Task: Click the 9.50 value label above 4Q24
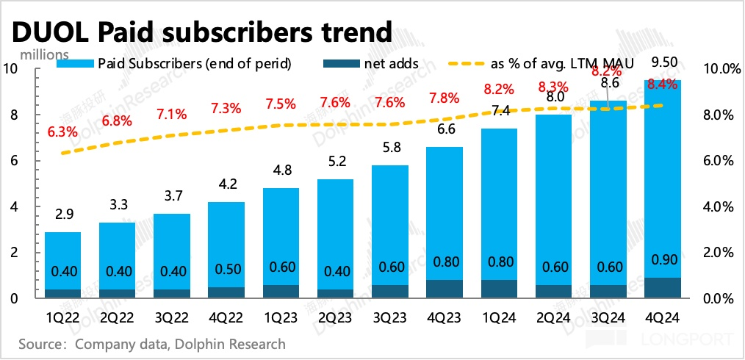point(662,62)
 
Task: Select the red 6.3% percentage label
point(62,132)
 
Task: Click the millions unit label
point(45,54)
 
